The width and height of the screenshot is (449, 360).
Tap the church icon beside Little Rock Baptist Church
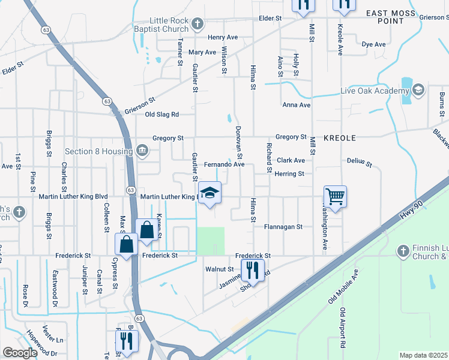point(197,25)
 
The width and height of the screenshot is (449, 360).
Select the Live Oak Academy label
point(375,91)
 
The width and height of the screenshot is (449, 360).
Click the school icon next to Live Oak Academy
point(418,91)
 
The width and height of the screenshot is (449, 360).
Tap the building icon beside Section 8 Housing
point(142,149)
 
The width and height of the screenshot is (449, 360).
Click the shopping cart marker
point(335,196)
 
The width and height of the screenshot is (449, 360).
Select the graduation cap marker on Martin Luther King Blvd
point(209,193)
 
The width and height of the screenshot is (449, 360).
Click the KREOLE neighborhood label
point(340,138)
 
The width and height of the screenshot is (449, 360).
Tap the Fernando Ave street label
point(224,164)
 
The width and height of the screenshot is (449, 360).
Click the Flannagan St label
point(283,227)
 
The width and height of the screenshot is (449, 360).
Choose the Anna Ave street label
point(297,105)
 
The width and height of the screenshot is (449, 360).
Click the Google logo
point(20,353)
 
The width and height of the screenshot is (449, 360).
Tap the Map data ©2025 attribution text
point(423,355)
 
